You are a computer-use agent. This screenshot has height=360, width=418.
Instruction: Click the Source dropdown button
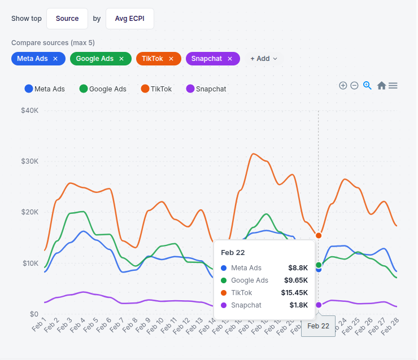tap(67, 19)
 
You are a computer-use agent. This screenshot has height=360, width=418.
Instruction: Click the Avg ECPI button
tap(130, 19)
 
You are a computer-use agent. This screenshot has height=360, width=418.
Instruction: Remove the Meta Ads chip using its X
tap(55, 59)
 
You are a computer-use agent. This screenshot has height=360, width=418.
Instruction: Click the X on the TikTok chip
tap(171, 59)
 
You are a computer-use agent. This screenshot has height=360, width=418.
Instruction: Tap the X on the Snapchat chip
tap(230, 59)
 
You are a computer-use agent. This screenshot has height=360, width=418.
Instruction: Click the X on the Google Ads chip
tap(121, 59)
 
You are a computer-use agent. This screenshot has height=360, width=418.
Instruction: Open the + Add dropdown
tap(264, 59)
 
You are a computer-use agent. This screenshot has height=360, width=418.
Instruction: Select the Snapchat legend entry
tap(206, 89)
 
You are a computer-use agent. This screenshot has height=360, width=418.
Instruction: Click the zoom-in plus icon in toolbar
tap(343, 85)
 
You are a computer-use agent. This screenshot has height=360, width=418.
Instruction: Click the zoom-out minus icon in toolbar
tap(354, 85)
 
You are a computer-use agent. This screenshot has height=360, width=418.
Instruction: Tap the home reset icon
tap(381, 85)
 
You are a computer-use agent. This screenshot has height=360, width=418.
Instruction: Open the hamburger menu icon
tap(393, 85)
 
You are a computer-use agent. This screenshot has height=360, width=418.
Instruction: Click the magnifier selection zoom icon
tap(367, 85)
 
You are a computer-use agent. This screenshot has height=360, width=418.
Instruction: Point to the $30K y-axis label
tap(29, 161)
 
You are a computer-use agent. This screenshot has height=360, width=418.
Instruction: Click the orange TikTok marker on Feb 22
tap(319, 235)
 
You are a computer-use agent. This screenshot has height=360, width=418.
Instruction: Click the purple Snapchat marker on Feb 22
tap(319, 305)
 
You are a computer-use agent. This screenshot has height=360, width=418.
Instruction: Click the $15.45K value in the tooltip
tap(294, 292)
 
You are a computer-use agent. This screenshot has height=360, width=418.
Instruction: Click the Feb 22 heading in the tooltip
tap(232, 252)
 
